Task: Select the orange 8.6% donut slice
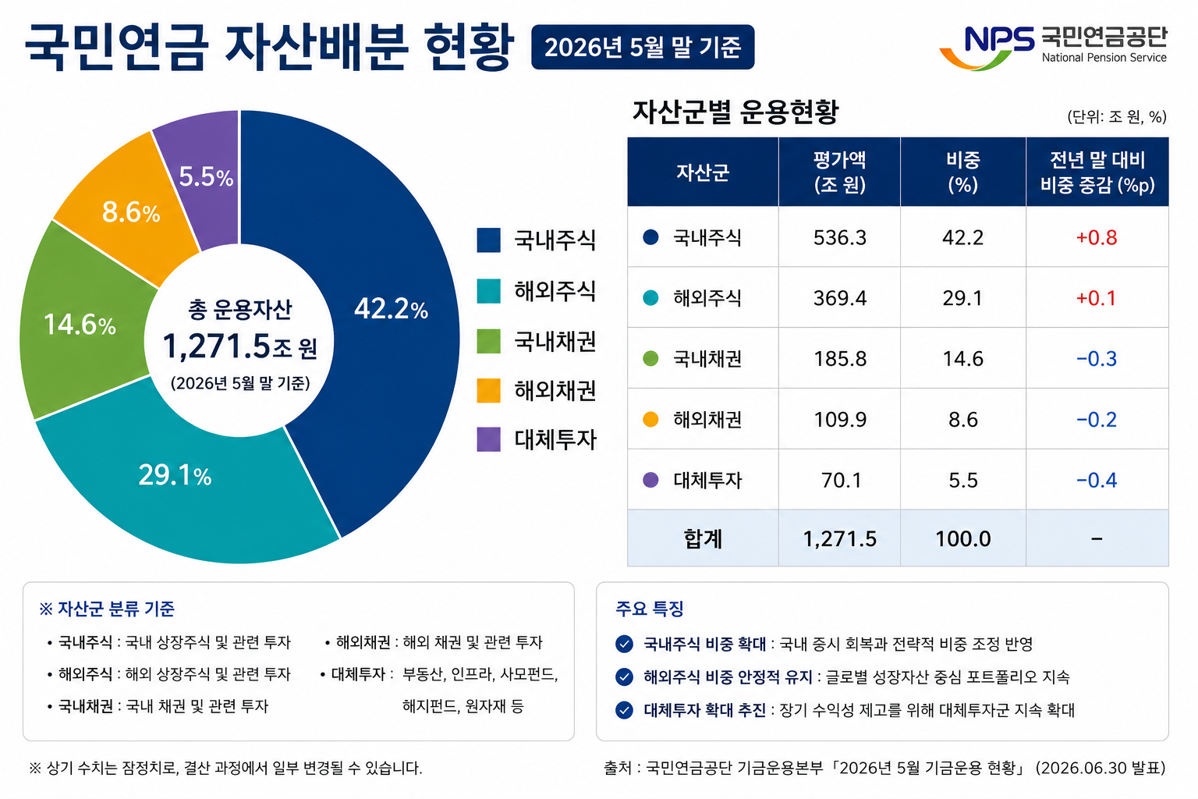[131, 211]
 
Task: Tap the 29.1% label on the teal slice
[175, 475]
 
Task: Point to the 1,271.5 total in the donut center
[216, 346]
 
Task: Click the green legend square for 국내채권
[488, 342]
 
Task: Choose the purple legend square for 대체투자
[488, 439]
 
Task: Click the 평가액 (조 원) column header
[839, 172]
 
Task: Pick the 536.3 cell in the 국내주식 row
[840, 237]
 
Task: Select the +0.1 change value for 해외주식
[1097, 298]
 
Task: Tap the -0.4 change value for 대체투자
[1097, 480]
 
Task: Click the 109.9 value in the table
[840, 420]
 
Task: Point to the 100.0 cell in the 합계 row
[962, 538]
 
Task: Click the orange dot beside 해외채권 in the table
[650, 420]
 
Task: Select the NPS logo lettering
[999, 40]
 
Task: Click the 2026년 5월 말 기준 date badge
[643, 47]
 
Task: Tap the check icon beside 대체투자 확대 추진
[624, 710]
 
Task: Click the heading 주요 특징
[649, 609]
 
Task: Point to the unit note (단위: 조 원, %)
[1117, 117]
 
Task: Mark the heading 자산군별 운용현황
[735, 112]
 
